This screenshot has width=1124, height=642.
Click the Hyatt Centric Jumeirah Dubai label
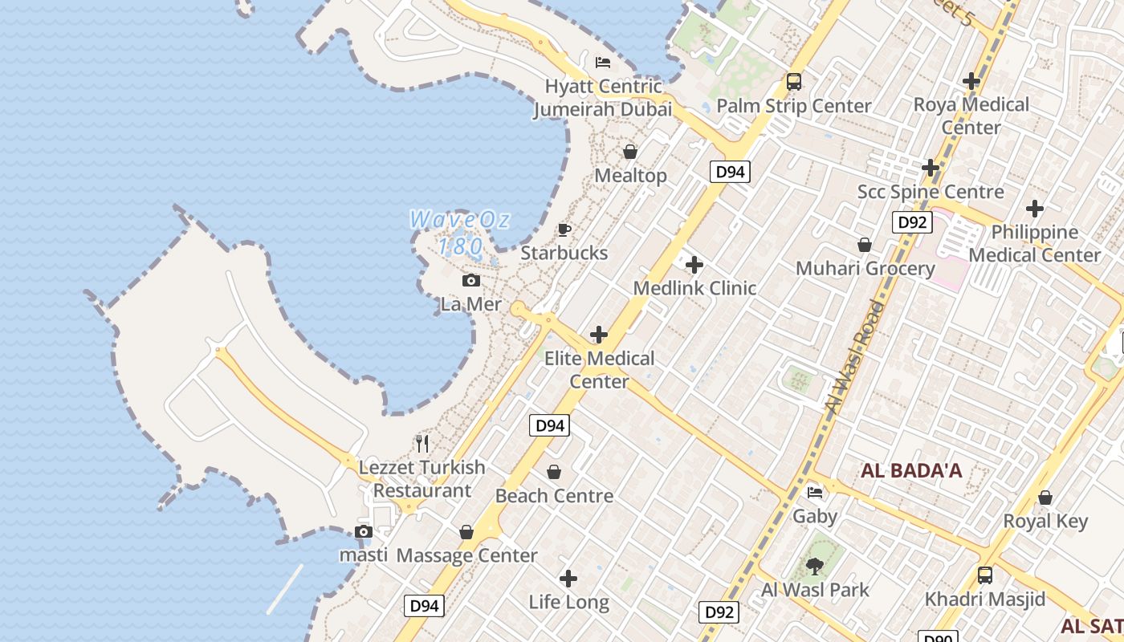tap(602, 98)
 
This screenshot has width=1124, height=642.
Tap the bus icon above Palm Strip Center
tap(793, 81)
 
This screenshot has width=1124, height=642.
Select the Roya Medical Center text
tap(971, 116)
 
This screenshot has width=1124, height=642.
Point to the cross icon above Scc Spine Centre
tap(931, 168)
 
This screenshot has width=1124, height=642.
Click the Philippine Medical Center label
tap(1035, 243)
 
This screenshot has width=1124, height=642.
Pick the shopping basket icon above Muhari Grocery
tap(865, 245)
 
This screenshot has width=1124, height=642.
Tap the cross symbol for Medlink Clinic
tap(694, 264)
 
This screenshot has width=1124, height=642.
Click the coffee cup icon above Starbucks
tap(564, 230)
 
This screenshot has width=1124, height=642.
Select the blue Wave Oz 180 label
tap(460, 232)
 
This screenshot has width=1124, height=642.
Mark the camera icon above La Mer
tap(471, 280)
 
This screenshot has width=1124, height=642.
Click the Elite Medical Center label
tap(599, 370)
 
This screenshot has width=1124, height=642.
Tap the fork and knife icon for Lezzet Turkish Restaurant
tap(422, 443)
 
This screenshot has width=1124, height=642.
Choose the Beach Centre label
tap(554, 496)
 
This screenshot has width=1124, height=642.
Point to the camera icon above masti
tap(363, 531)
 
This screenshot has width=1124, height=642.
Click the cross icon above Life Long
tap(568, 578)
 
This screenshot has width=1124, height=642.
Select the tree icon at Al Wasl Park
tap(814, 567)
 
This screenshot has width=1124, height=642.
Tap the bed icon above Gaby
tap(815, 492)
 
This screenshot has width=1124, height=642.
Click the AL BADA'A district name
tap(911, 471)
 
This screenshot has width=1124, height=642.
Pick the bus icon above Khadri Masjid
tap(984, 575)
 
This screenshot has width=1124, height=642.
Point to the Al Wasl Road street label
tap(854, 358)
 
